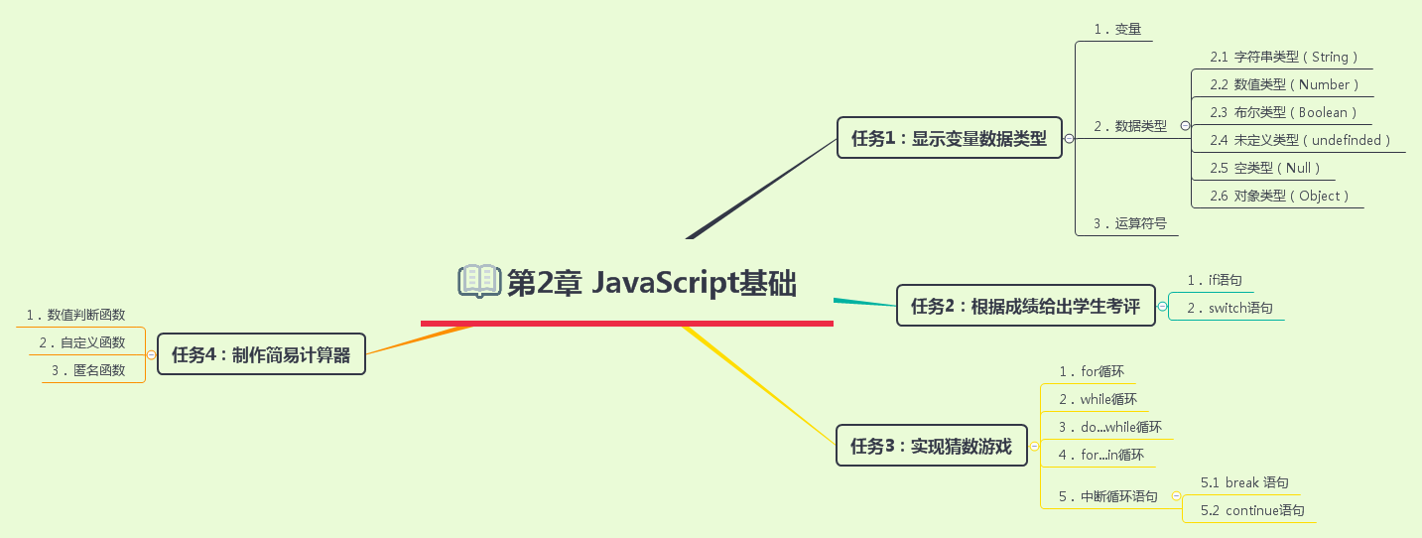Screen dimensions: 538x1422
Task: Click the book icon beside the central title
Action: (x=479, y=282)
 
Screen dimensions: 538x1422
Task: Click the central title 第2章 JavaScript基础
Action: (x=651, y=283)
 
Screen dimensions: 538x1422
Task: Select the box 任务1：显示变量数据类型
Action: (x=949, y=139)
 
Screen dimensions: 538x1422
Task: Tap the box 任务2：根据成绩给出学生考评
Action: (x=1025, y=306)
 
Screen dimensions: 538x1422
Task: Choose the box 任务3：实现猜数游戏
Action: (x=931, y=446)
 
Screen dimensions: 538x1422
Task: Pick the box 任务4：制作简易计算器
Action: (x=261, y=354)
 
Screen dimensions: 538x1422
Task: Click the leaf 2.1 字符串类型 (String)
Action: (x=1283, y=58)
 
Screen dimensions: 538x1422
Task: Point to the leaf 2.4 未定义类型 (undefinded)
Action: (x=1300, y=141)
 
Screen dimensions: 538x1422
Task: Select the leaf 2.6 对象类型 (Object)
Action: (x=1279, y=197)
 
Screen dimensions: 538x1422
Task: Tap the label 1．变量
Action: (x=1117, y=30)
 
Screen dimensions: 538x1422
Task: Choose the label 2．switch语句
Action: (x=1229, y=309)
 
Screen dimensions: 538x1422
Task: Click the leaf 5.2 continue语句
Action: (x=1251, y=511)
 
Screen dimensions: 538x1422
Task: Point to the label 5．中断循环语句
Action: (x=1107, y=496)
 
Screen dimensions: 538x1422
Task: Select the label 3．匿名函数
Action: (x=88, y=371)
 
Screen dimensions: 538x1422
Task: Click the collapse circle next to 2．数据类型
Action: (x=1185, y=126)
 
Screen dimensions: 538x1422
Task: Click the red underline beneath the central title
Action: (x=626, y=323)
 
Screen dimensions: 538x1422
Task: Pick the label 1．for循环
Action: (x=1092, y=372)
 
